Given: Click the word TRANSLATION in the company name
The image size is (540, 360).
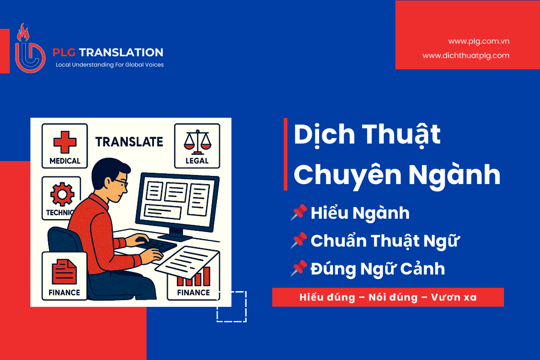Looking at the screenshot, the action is pyautogui.click(x=121, y=52).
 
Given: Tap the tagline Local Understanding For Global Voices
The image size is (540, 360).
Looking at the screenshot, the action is pyautogui.click(x=110, y=65).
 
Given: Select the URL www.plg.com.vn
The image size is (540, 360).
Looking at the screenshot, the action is pyautogui.click(x=479, y=41).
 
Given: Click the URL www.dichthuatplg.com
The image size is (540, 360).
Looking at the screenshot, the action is pyautogui.click(x=466, y=56).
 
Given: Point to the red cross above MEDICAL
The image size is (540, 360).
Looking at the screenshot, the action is pyautogui.click(x=65, y=142).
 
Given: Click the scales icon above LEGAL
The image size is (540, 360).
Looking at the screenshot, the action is pyautogui.click(x=198, y=142).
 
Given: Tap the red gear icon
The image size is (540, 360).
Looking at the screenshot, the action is pyautogui.click(x=62, y=194).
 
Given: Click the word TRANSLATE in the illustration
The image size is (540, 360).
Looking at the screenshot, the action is pyautogui.click(x=129, y=142).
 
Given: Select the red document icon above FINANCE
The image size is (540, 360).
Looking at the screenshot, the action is pyautogui.click(x=64, y=271).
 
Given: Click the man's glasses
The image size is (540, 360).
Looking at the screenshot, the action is pyautogui.click(x=121, y=183).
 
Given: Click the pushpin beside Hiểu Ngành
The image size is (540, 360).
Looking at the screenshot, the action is pyautogui.click(x=299, y=212).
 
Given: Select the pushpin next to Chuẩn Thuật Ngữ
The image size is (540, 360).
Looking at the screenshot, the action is pyautogui.click(x=299, y=240).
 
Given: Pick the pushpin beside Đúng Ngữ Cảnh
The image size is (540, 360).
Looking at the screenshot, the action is pyautogui.click(x=299, y=268).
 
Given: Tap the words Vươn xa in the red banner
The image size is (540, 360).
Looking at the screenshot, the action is pyautogui.click(x=454, y=297).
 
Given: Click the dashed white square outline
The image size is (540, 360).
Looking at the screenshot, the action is pyautogui.click(x=246, y=307).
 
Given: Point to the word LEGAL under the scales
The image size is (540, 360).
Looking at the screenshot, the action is pyautogui.click(x=197, y=161).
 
